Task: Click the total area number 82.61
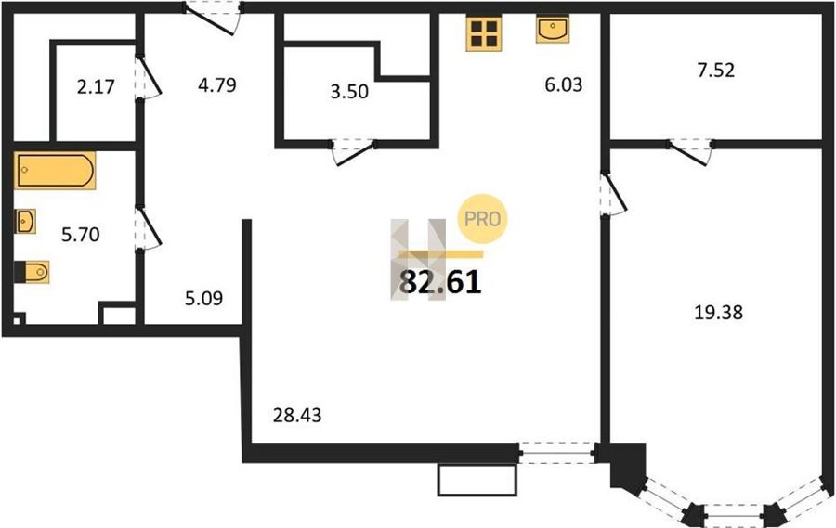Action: point(440,282)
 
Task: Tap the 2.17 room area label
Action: point(96,86)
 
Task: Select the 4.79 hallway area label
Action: point(217,84)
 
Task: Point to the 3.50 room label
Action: point(349,92)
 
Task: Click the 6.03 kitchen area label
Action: point(564,84)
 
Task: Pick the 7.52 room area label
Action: point(716,70)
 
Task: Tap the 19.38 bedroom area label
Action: point(718,312)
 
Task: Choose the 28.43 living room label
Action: point(297,415)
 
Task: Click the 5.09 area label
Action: point(203,299)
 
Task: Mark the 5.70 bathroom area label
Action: point(81,235)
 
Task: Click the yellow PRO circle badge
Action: point(482,219)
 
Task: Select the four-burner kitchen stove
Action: point(484,34)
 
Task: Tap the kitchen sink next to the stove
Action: point(553,30)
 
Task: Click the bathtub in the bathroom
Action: point(55,171)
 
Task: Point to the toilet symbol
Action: point(32,272)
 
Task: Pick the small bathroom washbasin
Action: point(25,221)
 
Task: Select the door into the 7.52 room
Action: point(690,152)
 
